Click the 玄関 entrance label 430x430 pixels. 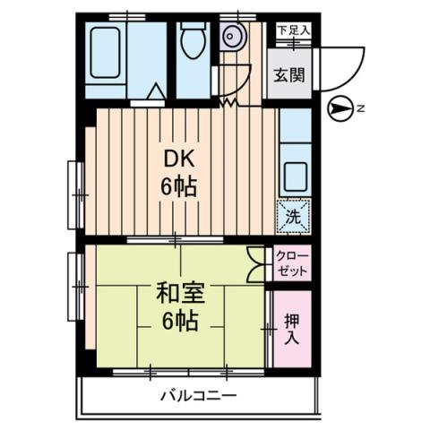point(288,74)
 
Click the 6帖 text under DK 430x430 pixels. point(177,188)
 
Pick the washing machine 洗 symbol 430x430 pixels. point(293,215)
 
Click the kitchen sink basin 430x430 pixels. point(295,171)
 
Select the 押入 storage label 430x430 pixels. point(292,328)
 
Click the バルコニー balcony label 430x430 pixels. point(198,395)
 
